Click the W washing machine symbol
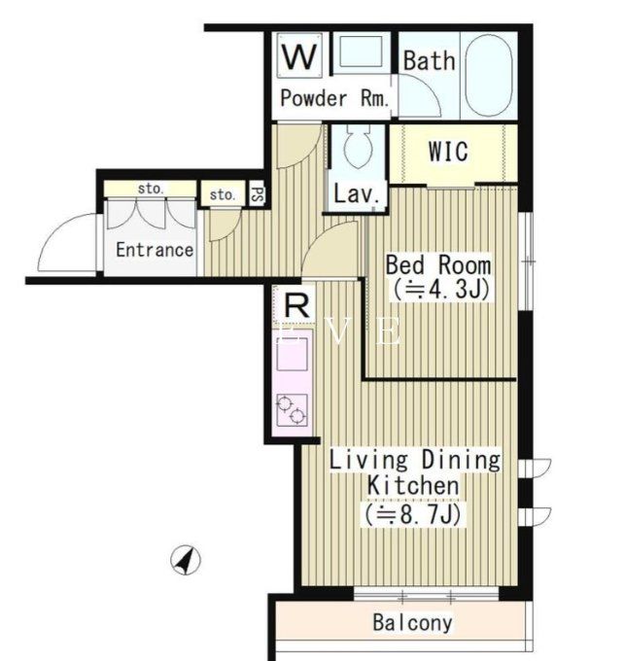coord(300,54)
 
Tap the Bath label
coord(429,60)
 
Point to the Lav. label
coord(356,193)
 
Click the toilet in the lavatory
coord(357,151)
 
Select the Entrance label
coord(155,249)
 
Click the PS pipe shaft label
coord(258,193)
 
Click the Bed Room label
coord(437,264)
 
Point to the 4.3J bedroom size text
coord(439,289)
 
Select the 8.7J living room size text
coord(412,512)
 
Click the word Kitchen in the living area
coord(412,485)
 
